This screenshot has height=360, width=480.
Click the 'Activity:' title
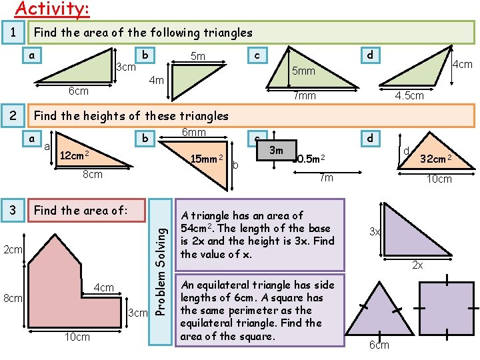52,9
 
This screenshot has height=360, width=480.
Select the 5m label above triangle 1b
198,57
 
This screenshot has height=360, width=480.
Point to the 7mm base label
305,97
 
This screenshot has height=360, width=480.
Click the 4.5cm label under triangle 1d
409,96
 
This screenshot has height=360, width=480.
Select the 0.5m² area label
311,159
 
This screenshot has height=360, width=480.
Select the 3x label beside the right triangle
375,231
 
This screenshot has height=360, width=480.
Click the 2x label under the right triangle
417,265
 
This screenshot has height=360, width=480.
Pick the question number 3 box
13,211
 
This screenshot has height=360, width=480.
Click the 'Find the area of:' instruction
80,211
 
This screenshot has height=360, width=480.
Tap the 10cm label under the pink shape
77,337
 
